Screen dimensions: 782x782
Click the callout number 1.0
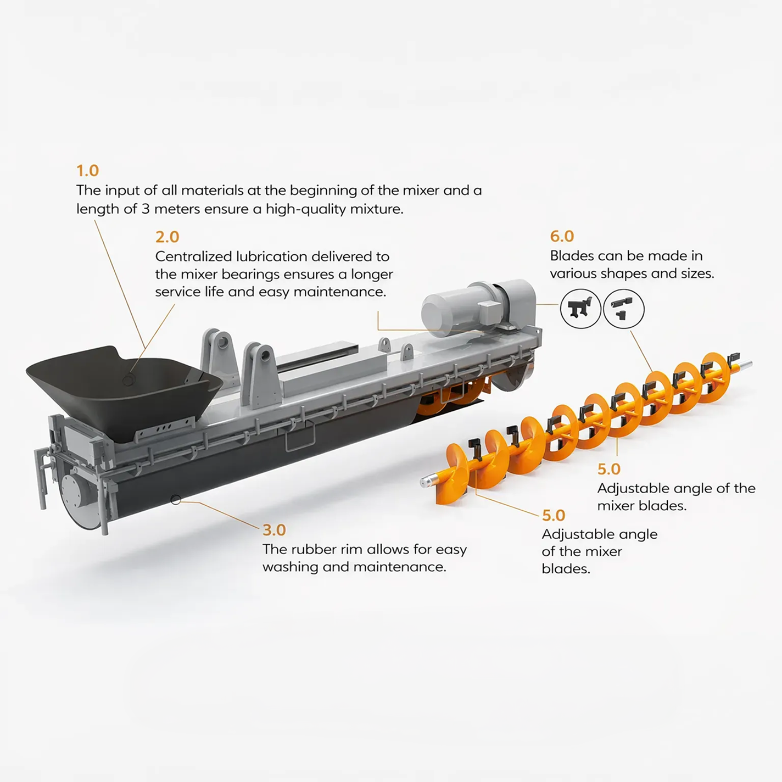click(x=88, y=171)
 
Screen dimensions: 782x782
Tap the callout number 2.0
click(x=167, y=237)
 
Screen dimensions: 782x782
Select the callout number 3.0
click(x=275, y=530)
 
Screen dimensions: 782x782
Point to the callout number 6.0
click(x=562, y=236)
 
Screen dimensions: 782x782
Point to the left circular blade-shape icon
click(x=580, y=309)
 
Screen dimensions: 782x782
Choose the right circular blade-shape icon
click(x=624, y=309)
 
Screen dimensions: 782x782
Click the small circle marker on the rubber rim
click(x=176, y=500)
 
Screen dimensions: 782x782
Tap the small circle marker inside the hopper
click(x=129, y=380)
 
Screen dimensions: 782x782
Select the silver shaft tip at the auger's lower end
click(x=427, y=482)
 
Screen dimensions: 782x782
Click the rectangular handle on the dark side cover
click(x=300, y=436)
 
